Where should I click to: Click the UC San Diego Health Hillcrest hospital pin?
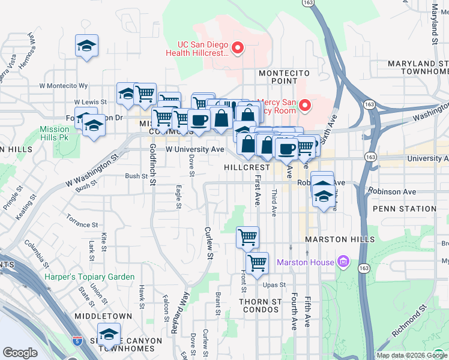click(x=238, y=47)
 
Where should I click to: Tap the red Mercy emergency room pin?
click(x=304, y=106)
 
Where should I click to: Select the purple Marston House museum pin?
click(x=343, y=262)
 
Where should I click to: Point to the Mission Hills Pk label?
click(x=55, y=133)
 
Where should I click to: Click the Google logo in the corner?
click(x=20, y=353)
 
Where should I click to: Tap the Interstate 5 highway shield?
click(x=77, y=340)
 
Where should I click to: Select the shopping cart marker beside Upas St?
click(x=257, y=263)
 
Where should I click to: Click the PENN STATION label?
click(x=404, y=209)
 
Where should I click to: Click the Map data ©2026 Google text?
click(x=412, y=355)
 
